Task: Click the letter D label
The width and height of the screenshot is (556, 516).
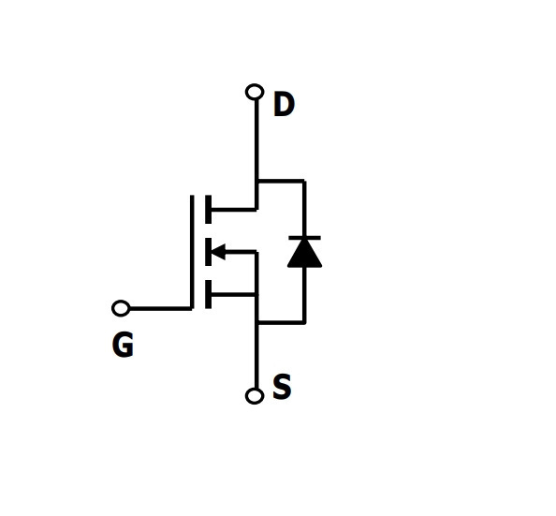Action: (x=284, y=104)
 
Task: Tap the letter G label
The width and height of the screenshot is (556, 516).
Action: (x=123, y=345)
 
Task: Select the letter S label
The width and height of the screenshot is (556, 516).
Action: (x=283, y=387)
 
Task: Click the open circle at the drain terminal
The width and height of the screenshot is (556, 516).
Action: (x=255, y=93)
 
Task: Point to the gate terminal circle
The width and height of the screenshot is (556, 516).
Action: (x=121, y=308)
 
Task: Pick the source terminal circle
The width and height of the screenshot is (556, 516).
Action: (x=255, y=395)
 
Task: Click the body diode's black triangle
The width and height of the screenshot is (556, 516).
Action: (x=304, y=254)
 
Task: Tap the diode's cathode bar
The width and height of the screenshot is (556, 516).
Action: (x=304, y=238)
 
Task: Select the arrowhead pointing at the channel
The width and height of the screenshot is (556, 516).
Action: (x=218, y=252)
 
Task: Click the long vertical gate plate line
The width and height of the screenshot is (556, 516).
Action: (x=192, y=252)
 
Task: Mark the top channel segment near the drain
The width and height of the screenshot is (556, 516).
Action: (x=209, y=210)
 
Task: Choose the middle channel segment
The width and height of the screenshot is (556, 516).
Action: (x=209, y=252)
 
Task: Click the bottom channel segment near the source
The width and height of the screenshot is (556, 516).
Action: (x=209, y=295)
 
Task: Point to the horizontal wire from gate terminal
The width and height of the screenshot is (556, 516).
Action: (x=161, y=309)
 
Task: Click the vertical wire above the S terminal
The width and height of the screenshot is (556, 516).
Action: (x=256, y=355)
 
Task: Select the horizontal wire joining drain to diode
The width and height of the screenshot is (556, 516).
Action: (x=281, y=182)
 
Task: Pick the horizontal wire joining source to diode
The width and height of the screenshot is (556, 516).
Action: (x=281, y=322)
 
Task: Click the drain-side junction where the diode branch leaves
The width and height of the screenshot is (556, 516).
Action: (x=256, y=182)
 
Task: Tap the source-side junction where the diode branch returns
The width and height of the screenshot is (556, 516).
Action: (x=256, y=322)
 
